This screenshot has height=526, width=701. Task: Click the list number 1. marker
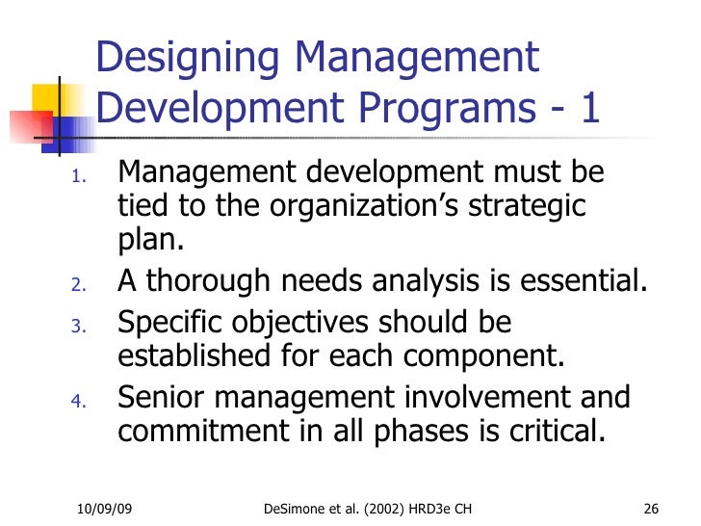[x=79, y=177]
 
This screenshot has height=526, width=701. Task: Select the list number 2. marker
[x=80, y=285]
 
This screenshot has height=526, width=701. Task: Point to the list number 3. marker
[x=80, y=326]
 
